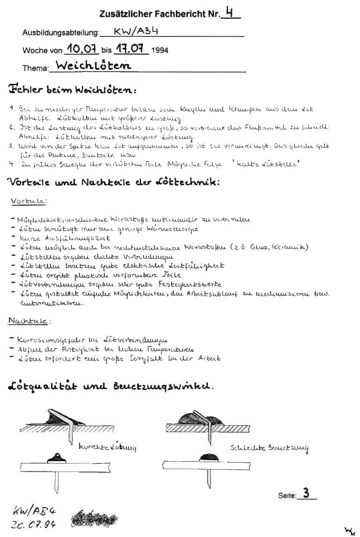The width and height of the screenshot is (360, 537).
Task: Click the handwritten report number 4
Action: (229, 13)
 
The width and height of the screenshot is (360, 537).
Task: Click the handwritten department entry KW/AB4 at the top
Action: (133, 32)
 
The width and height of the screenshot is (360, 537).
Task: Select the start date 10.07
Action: (81, 49)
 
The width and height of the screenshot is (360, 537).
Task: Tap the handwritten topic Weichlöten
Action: (94, 66)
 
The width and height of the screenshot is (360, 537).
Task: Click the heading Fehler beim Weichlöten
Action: (72, 89)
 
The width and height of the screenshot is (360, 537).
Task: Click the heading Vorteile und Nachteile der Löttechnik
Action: (113, 182)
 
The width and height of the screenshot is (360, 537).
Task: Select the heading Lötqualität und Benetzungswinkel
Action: (111, 386)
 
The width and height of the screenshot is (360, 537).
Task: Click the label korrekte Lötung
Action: (107, 447)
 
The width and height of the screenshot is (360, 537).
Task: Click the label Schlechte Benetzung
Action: (269, 448)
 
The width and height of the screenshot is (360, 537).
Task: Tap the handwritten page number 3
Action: (306, 493)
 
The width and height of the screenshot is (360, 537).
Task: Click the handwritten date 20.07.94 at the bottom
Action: (33, 524)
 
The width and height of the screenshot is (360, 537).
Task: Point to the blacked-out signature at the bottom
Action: (95, 518)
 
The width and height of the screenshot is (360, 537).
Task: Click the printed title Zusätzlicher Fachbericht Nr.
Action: (159, 15)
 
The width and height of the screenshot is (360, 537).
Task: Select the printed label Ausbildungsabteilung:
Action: (61, 33)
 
